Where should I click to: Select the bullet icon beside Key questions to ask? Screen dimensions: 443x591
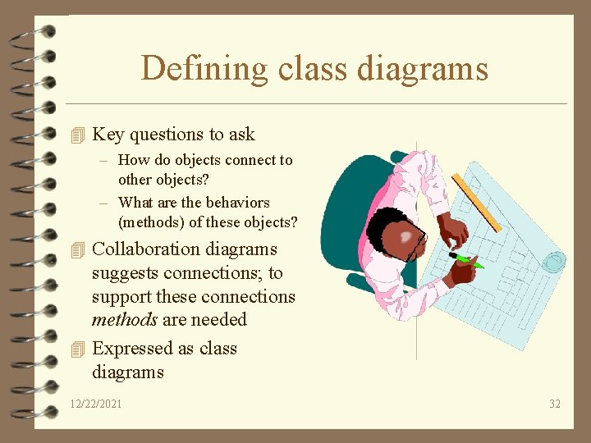[78, 135]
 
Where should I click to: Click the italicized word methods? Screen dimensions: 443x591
[124, 320]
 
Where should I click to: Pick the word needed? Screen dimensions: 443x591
[220, 320]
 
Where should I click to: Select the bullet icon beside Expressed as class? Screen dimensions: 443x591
[78, 349]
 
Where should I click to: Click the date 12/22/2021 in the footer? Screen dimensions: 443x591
[96, 404]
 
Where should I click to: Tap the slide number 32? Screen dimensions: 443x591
[555, 404]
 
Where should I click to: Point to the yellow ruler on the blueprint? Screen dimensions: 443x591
[477, 202]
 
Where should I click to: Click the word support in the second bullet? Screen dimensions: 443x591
[120, 297]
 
